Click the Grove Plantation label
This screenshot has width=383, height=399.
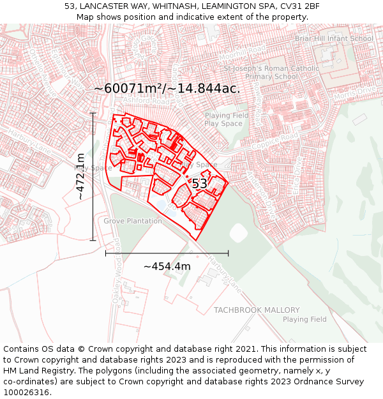point(133,221)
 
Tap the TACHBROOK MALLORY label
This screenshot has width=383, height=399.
point(257,310)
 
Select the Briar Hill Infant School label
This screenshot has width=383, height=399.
point(334,38)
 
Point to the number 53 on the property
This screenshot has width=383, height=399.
point(200,184)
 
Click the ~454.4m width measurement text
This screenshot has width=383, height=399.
point(167,266)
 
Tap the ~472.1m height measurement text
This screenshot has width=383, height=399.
point(80,176)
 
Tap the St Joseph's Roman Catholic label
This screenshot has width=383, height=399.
point(269,68)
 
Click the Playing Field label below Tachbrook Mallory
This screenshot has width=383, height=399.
point(304,319)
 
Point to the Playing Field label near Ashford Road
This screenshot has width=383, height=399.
point(227,116)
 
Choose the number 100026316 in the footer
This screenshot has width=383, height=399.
point(26,392)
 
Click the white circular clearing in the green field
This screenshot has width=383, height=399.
point(238,233)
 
